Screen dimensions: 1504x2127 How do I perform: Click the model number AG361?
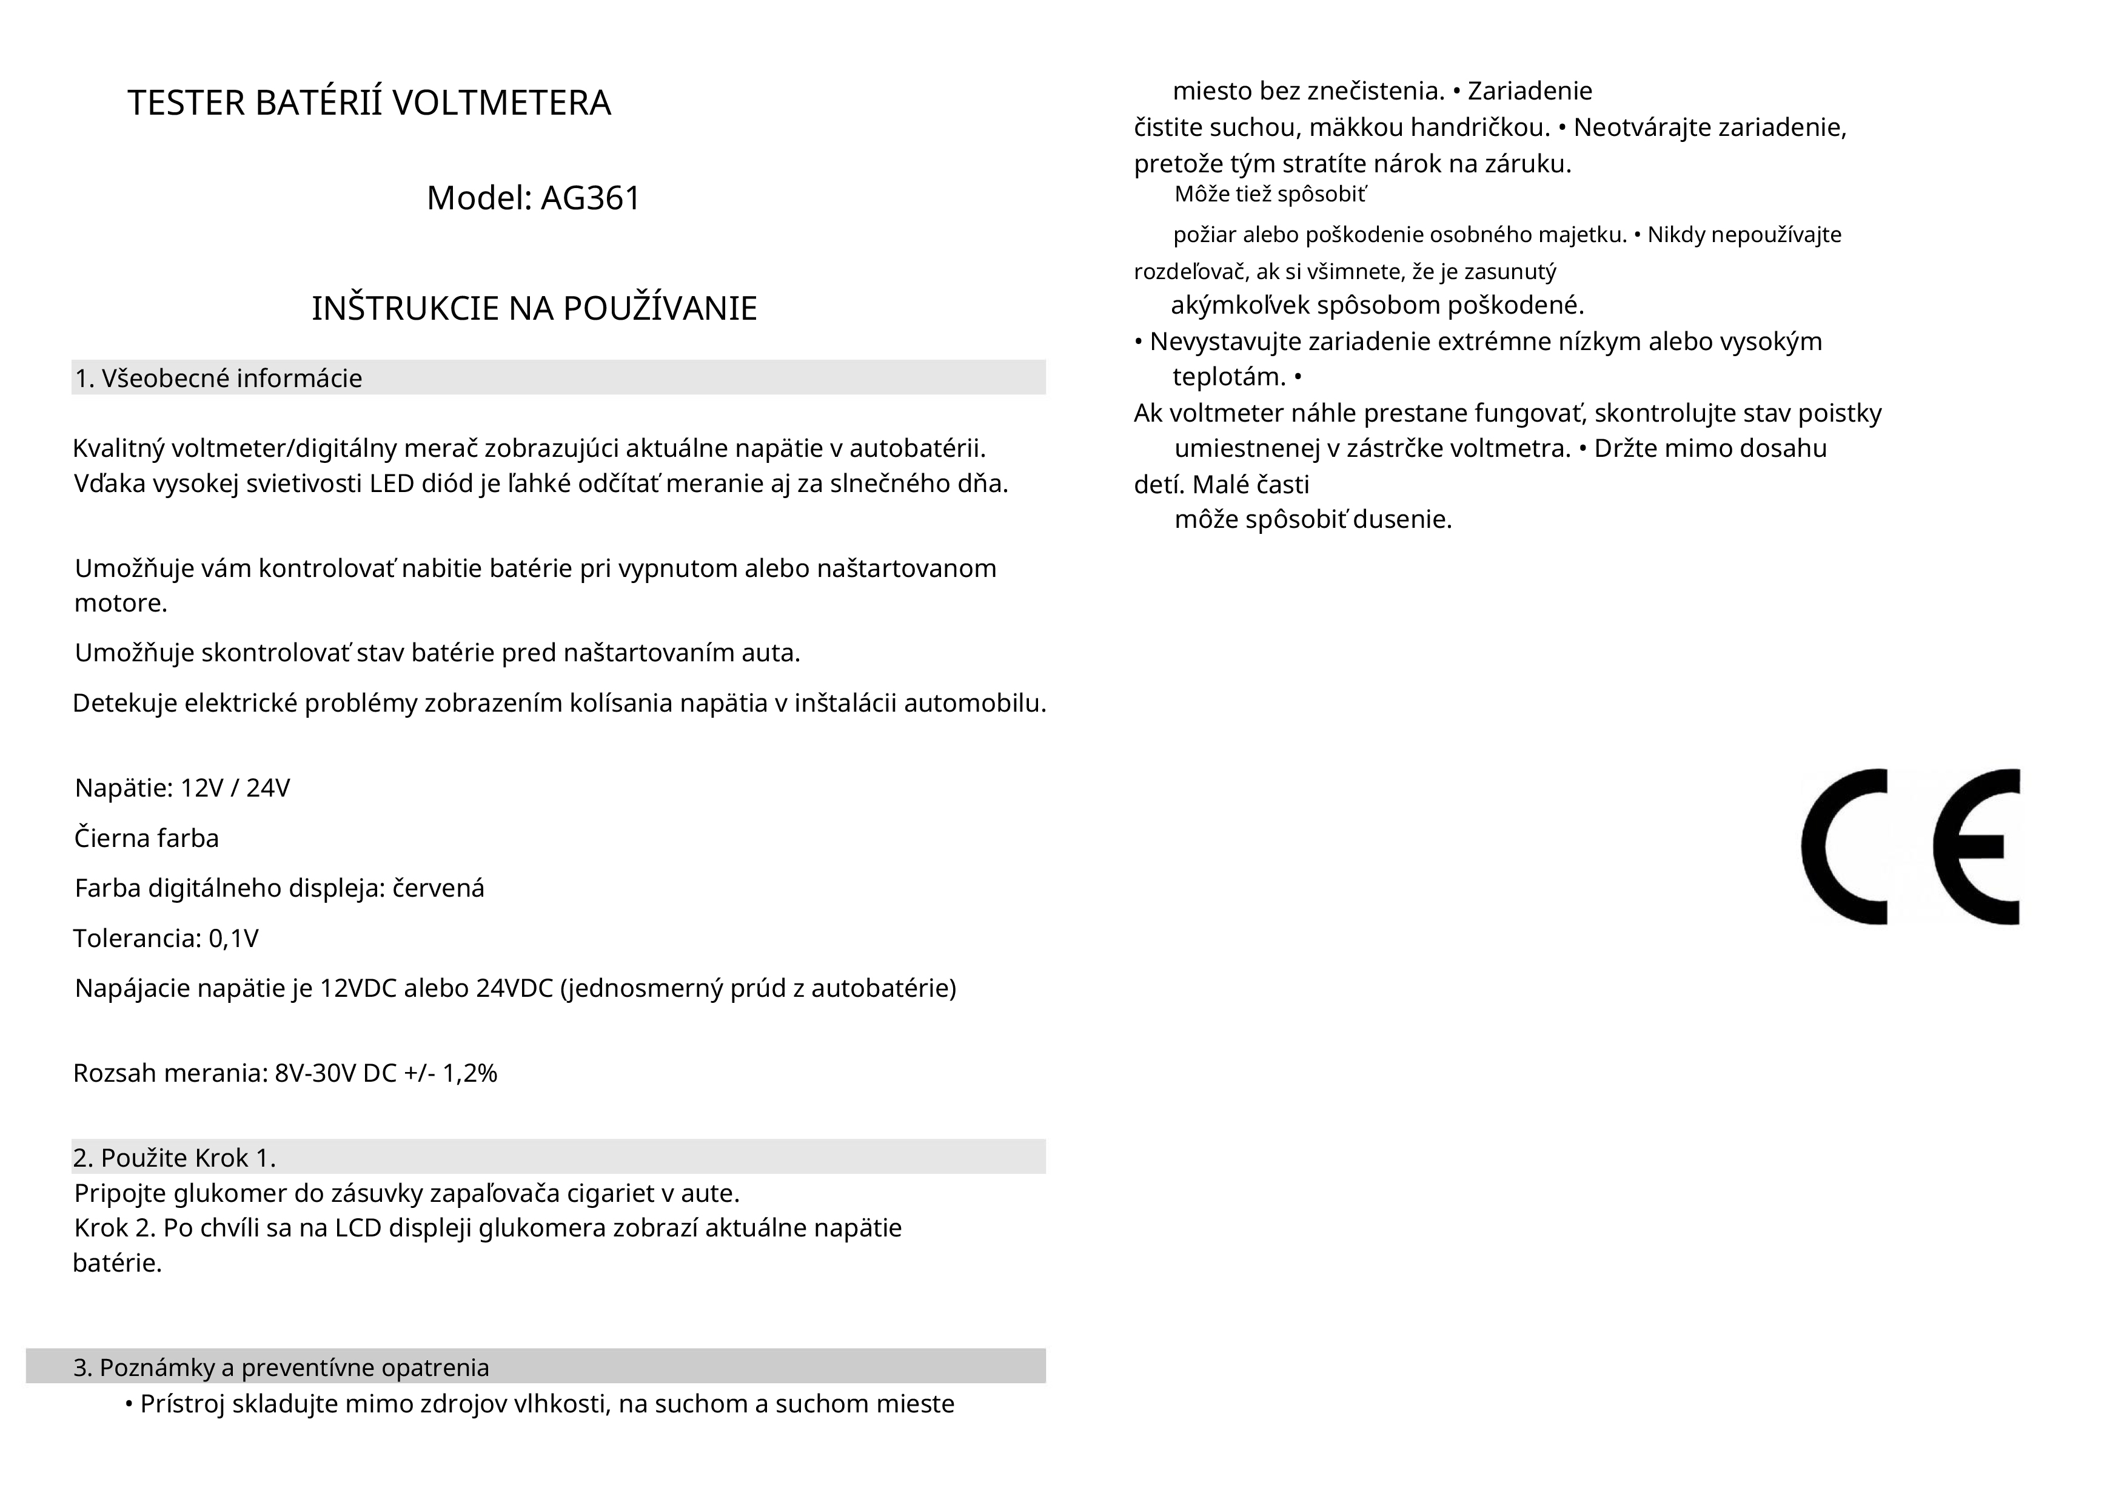coord(590,198)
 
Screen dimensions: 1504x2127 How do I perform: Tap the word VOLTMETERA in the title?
coord(501,103)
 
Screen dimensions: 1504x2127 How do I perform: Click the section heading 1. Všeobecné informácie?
coord(219,378)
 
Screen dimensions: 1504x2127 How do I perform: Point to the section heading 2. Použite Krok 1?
coord(174,1158)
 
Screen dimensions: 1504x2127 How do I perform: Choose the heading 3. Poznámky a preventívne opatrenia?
coord(281,1367)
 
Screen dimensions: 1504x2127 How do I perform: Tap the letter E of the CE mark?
coord(1978,846)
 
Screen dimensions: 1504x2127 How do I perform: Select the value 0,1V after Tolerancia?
coord(233,939)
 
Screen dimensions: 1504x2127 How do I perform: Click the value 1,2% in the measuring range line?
coord(470,1073)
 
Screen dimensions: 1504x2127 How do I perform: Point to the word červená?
coord(439,888)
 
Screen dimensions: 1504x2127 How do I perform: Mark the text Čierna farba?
coord(146,838)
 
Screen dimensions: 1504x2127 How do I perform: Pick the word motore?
coord(121,603)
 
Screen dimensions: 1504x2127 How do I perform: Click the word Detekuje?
coord(125,703)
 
